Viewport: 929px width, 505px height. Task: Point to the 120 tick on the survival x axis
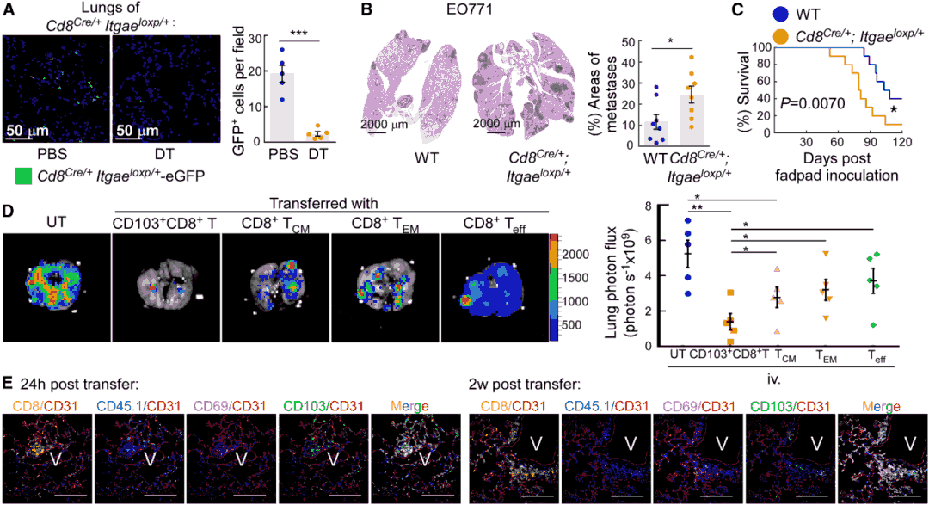(900, 143)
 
